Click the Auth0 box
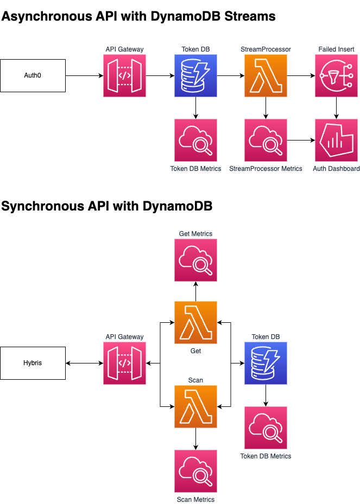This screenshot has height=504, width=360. [x=33, y=75]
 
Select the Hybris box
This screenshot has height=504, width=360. [x=33, y=363]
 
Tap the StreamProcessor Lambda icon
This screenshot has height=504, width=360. [x=266, y=75]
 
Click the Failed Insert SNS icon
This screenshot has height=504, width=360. [x=336, y=75]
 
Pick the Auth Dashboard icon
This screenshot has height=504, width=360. [x=336, y=141]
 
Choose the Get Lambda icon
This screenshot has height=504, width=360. [x=195, y=322]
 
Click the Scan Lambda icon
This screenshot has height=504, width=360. [x=195, y=406]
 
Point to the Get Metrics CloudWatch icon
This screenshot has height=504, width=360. [x=195, y=260]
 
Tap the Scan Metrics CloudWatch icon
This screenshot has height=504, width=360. [x=195, y=471]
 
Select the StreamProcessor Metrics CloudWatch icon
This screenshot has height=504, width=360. [x=266, y=141]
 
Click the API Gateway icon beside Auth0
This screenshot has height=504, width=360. [x=125, y=75]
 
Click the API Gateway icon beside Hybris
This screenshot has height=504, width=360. [x=125, y=363]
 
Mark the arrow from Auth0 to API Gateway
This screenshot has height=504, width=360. [x=84, y=75]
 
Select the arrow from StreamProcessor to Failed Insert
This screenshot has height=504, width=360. [x=301, y=75]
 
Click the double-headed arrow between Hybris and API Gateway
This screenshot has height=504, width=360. [x=84, y=363]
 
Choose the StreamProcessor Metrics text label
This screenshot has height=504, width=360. [x=266, y=169]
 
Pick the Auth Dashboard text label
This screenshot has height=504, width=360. [x=336, y=169]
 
